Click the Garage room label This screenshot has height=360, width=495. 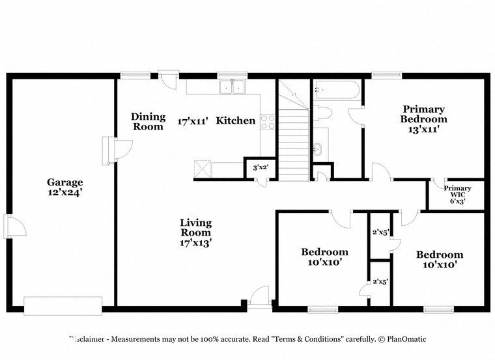pyautogui.click(x=64, y=182)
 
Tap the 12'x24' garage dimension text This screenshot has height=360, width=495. pyautogui.click(x=64, y=193)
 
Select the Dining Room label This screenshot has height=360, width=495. pyautogui.click(x=148, y=122)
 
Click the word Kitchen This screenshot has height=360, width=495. pyautogui.click(x=235, y=120)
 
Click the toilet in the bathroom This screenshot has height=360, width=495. pyautogui.click(x=323, y=113)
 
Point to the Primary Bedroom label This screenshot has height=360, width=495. pyautogui.click(x=423, y=115)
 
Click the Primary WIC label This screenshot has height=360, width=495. pyautogui.click(x=457, y=192)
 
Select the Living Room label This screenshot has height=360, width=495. pyautogui.click(x=196, y=227)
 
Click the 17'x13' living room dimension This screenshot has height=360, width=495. pyautogui.click(x=196, y=242)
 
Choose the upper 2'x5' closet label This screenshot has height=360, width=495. pyautogui.click(x=380, y=232)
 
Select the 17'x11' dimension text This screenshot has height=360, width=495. pyautogui.click(x=193, y=120)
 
